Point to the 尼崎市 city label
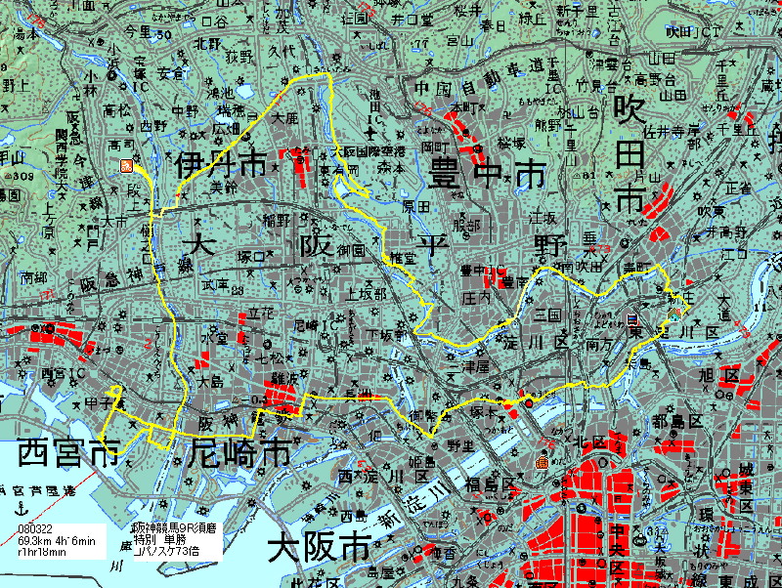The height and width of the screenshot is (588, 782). pos(239,453)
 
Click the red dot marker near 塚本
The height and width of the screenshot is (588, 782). pos(529,401)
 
